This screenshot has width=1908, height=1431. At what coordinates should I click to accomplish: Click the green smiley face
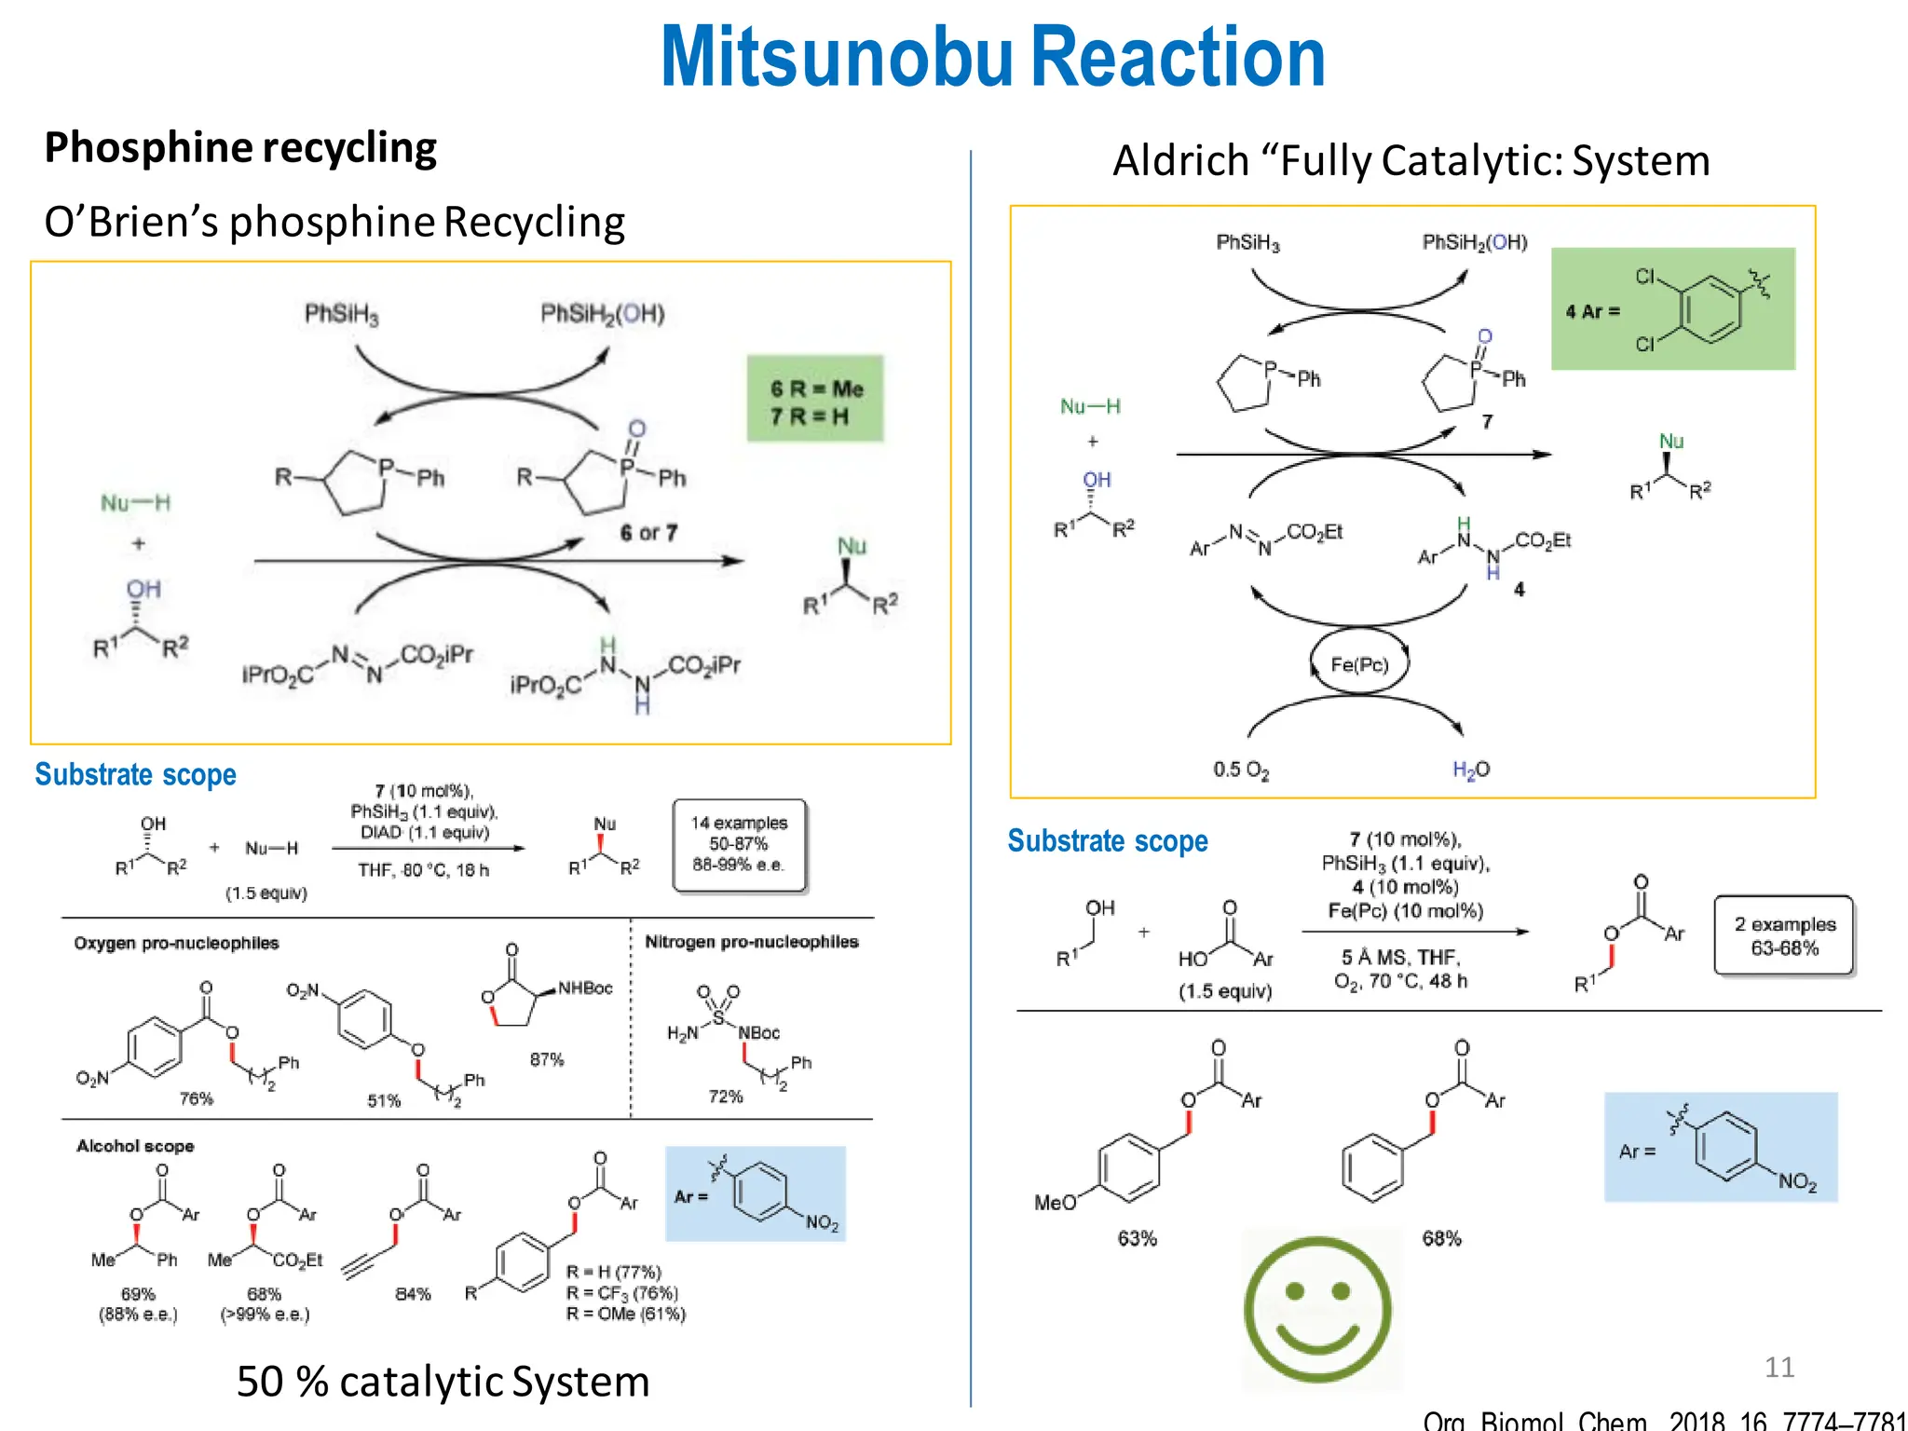1317,1309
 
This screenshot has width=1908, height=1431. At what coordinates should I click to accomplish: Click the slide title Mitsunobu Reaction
992,58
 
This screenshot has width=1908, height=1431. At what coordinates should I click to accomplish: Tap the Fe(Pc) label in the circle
1359,664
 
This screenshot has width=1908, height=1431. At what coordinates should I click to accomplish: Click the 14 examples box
739,844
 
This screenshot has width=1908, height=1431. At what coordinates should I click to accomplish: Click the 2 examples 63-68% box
1784,935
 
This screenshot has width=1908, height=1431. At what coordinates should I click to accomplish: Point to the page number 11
1779,1367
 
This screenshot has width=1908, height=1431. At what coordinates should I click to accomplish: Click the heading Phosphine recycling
240,148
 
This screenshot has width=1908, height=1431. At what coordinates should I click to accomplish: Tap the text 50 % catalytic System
443,1381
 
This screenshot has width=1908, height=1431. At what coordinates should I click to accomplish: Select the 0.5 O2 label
1241,770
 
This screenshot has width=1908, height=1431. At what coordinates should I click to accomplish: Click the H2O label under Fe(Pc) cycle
1471,770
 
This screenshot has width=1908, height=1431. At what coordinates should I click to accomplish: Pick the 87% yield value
547,1059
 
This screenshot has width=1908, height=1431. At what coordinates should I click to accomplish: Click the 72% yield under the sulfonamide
726,1097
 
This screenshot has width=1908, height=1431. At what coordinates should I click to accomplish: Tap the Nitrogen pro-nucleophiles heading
751,942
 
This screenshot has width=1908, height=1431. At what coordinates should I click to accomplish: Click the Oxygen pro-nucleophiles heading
176,943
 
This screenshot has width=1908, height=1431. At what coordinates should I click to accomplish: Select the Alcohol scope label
135,1146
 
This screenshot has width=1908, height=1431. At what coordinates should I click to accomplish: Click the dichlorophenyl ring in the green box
1710,309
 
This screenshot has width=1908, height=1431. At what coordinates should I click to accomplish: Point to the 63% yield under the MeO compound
1137,1238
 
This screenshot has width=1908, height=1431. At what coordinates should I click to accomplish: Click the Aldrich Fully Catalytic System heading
1411,161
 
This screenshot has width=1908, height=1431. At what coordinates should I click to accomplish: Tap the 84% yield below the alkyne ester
413,1294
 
